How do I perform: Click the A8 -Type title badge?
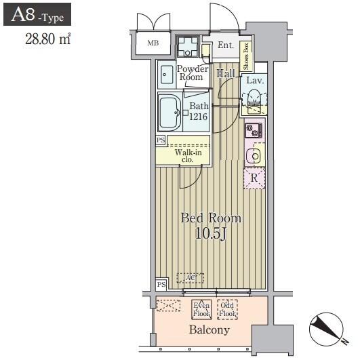pyautogui.click(x=37, y=14)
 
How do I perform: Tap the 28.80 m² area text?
pyautogui.click(x=47, y=39)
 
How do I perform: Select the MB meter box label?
pyautogui.click(x=153, y=43)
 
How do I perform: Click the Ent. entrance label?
pyautogui.click(x=226, y=45)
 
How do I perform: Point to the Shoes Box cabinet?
pyautogui.click(x=246, y=56)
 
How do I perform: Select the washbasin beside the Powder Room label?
pyautogui.click(x=167, y=75)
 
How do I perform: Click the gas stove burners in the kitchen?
pyautogui.click(x=254, y=130)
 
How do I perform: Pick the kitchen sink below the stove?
pyautogui.click(x=254, y=157)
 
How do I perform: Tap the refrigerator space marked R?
pyautogui.click(x=254, y=178)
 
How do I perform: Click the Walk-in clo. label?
pyautogui.click(x=188, y=156)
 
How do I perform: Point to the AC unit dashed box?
pyautogui.click(x=191, y=278)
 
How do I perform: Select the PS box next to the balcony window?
pyautogui.click(x=161, y=285)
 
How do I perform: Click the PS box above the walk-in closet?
pyautogui.click(x=161, y=140)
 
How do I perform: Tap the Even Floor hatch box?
pyautogui.click(x=201, y=309)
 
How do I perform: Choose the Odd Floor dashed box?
pyautogui.click(x=227, y=309)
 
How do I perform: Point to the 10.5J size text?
pyautogui.click(x=211, y=233)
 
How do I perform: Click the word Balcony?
pyautogui.click(x=209, y=330)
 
